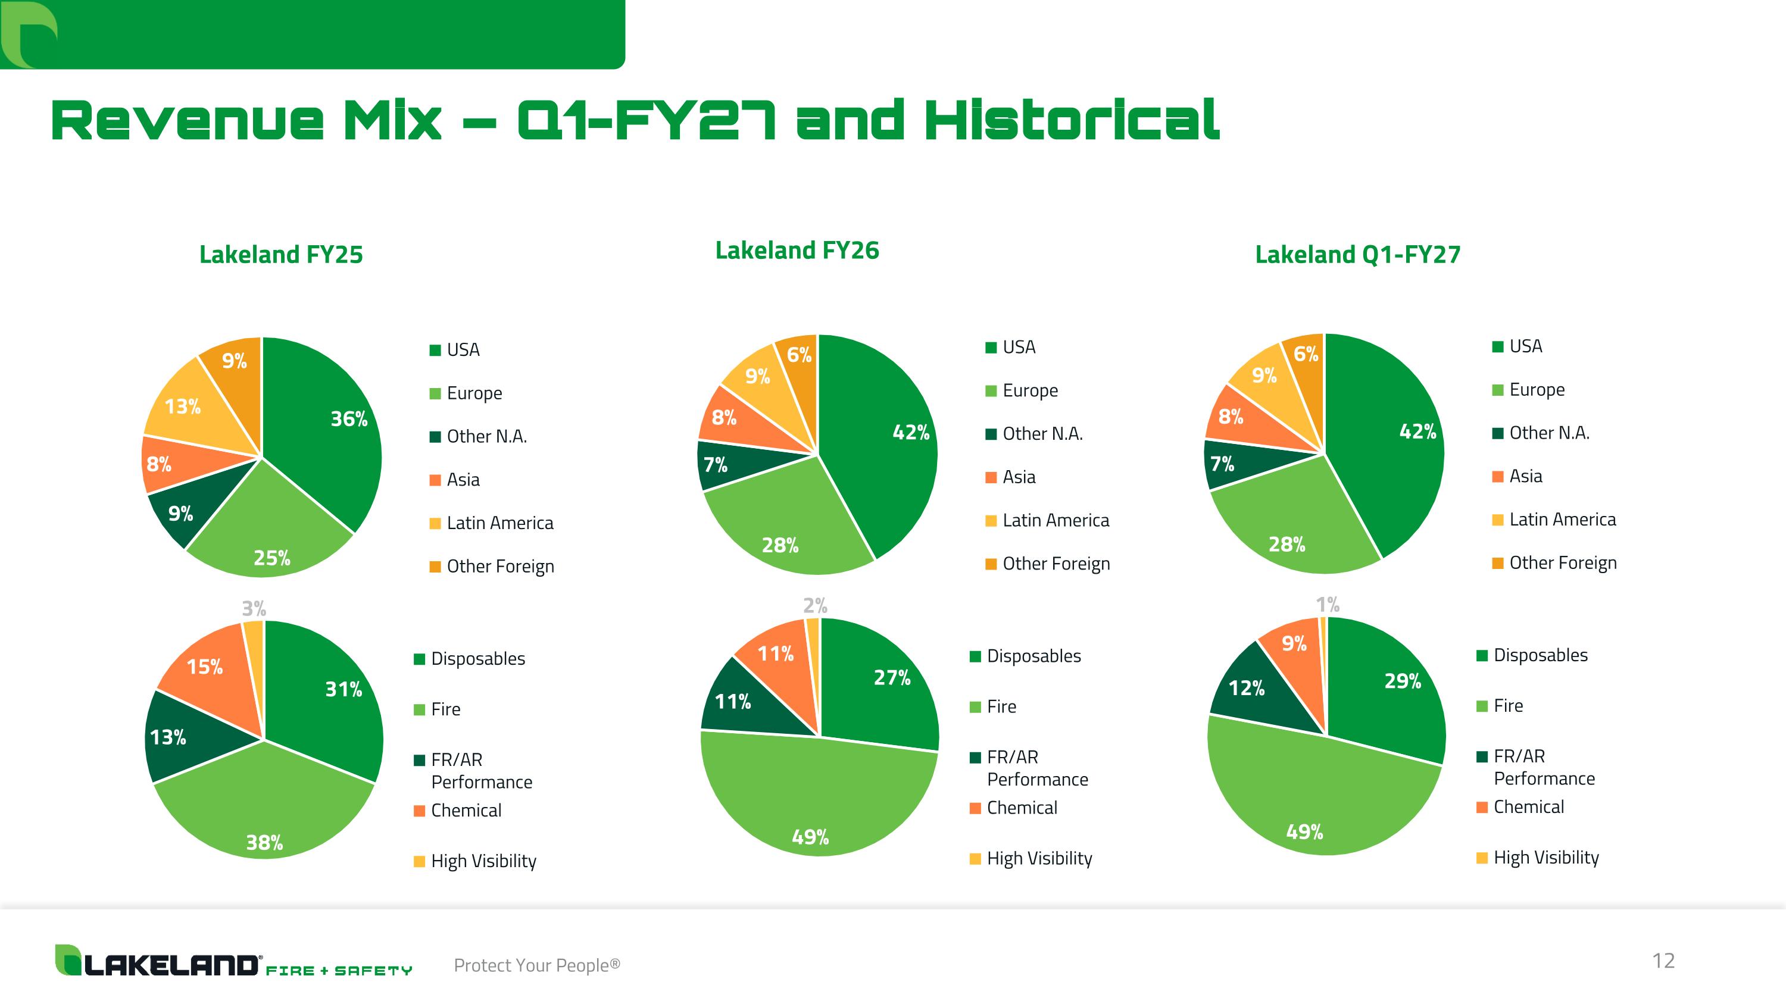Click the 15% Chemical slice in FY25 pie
[x=208, y=675]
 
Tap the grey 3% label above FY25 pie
[x=254, y=608]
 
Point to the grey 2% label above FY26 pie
[x=816, y=606]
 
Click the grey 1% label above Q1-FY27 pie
[x=1328, y=605]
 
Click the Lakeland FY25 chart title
[x=281, y=254]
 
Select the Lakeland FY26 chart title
[x=797, y=250]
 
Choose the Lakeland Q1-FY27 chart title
[x=1357, y=254]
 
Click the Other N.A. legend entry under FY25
[x=479, y=436]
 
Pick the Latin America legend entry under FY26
[x=1048, y=520]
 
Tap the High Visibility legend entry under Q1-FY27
[x=1538, y=858]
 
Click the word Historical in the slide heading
[x=1072, y=120]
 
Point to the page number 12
[x=1664, y=961]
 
